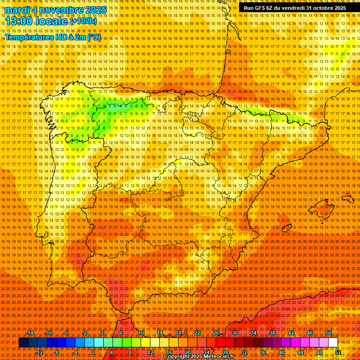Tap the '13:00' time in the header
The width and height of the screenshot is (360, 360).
[x=19, y=21]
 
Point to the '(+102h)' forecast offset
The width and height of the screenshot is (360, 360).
[x=83, y=21]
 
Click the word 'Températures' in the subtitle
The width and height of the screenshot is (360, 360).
[x=28, y=37]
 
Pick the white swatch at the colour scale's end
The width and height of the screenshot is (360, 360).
[x=333, y=343]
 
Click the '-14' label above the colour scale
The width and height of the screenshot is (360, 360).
[x=30, y=333]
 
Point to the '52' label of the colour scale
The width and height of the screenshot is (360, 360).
[x=338, y=352]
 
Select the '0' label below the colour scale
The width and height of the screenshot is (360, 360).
[x=93, y=352]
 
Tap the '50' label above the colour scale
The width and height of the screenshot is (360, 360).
[x=329, y=333]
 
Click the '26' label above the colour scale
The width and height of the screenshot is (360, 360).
[x=216, y=333]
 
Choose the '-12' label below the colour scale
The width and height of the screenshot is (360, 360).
[x=39, y=352]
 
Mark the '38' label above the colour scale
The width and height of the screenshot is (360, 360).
[x=272, y=333]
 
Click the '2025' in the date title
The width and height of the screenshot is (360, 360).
[x=93, y=10]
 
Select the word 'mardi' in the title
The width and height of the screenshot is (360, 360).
[x=18, y=10]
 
